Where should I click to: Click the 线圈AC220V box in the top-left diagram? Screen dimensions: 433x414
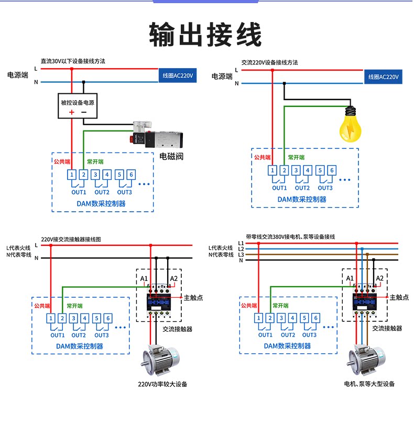pyautogui.click(x=178, y=76)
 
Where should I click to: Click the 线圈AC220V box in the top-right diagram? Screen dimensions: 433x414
pyautogui.click(x=384, y=77)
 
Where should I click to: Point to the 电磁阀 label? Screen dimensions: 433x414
pyautogui.click(x=171, y=156)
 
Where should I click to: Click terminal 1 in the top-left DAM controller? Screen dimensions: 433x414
pyautogui.click(x=72, y=175)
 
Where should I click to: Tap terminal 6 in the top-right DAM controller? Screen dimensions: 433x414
pyautogui.click(x=332, y=170)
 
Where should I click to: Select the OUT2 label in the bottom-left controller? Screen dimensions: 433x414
pyautogui.click(x=79, y=335)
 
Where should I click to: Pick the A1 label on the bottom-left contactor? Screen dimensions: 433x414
pyautogui.click(x=144, y=278)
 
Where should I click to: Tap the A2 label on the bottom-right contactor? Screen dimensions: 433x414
pyautogui.click(x=380, y=278)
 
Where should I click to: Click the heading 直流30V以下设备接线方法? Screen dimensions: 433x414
pyautogui.click(x=73, y=61)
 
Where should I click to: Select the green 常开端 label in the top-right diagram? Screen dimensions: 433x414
pyautogui.click(x=296, y=157)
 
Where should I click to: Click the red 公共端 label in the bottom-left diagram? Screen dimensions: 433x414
pyautogui.click(x=42, y=306)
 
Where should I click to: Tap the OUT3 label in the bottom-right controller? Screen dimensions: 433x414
pyautogui.click(x=309, y=335)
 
